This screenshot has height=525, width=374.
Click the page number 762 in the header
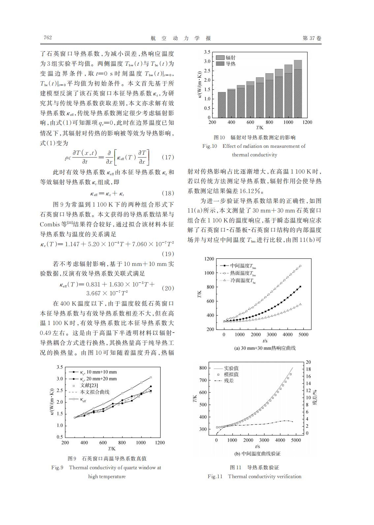48,38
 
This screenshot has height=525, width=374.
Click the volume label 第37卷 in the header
312,38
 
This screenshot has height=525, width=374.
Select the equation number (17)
168,157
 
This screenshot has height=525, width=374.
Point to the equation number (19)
168,254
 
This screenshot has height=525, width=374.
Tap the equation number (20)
168,288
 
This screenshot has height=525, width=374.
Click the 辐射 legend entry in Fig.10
231,57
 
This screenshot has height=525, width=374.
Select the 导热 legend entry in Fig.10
231,64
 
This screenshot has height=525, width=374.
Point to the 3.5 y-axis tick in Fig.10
207,52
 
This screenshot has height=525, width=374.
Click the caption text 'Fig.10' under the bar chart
210,146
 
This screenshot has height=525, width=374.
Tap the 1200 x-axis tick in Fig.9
160,443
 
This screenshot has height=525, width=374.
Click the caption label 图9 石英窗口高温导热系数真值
107,458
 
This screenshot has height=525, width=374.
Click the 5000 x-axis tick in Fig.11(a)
303,334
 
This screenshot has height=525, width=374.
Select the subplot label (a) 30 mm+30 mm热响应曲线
265,348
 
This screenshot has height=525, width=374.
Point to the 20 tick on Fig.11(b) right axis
308,362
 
